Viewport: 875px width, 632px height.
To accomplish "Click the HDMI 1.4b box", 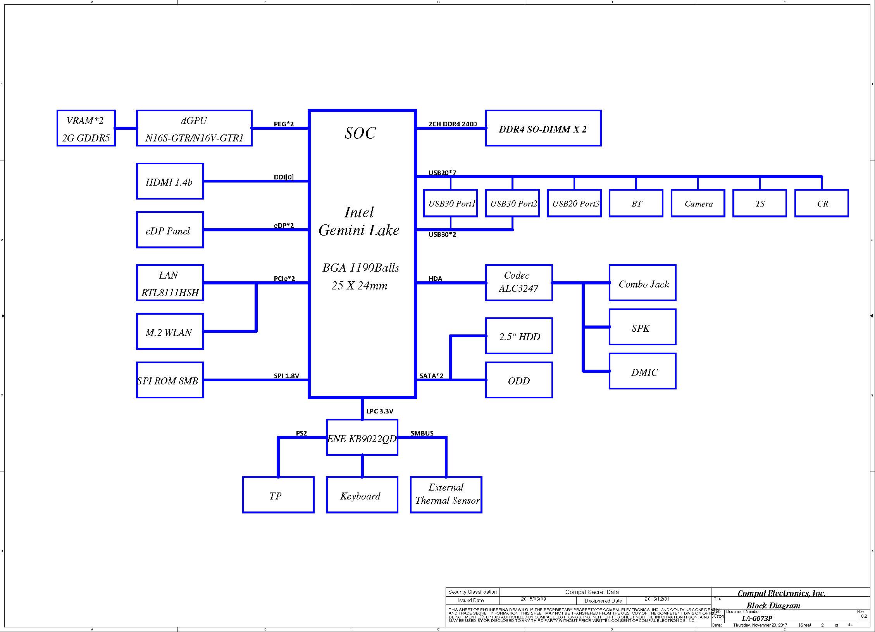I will [x=170, y=181].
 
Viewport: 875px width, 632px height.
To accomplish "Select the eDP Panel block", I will [x=170, y=230].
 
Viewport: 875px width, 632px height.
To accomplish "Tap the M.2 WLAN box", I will [x=170, y=331].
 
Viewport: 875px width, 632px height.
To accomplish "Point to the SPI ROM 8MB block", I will [x=170, y=380].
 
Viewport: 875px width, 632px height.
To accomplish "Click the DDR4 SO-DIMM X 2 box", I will [x=543, y=128].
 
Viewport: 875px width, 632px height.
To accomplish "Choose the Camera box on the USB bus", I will [x=698, y=203].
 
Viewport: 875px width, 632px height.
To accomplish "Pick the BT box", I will [x=636, y=203].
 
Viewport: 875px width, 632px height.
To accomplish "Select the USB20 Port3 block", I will [x=574, y=203].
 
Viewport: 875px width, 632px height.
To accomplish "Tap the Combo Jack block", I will [x=642, y=283].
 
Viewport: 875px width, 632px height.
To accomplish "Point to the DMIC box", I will [x=642, y=371].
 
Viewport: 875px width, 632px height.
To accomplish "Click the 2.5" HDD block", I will [x=518, y=336].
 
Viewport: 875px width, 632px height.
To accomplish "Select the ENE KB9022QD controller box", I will [x=362, y=437].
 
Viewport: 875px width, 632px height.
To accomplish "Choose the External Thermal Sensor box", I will [x=446, y=495].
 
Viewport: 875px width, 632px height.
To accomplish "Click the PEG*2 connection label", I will [x=284, y=124].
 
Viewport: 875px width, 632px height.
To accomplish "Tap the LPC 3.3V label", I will [x=380, y=411].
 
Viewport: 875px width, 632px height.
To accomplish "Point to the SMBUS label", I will [x=422, y=433].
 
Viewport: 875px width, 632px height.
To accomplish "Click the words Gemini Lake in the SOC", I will [x=359, y=230].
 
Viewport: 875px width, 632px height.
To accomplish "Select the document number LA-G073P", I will [x=757, y=618].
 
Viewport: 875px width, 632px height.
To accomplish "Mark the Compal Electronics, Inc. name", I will [x=781, y=593].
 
